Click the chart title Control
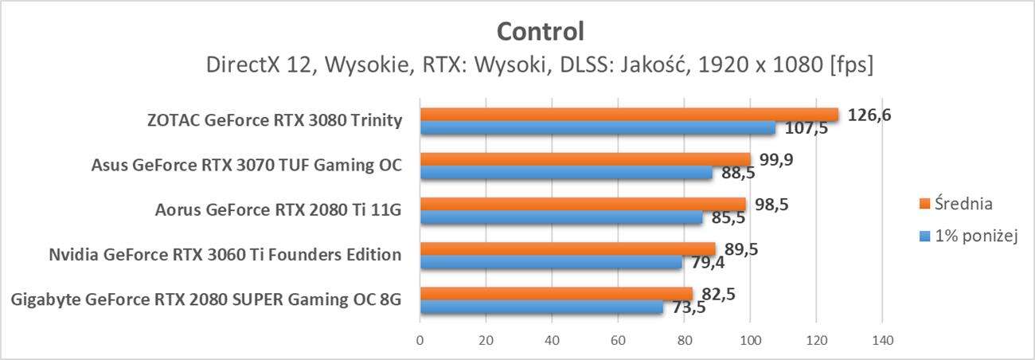(x=541, y=31)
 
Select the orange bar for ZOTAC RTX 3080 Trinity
(x=629, y=115)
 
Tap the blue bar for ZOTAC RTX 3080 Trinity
(x=597, y=127)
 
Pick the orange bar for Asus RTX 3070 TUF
(x=585, y=160)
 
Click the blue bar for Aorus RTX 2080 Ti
(x=561, y=217)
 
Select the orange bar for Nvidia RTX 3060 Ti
(x=568, y=249)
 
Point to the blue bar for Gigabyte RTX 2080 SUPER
(x=541, y=307)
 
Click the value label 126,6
(x=869, y=115)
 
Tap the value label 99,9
(x=775, y=160)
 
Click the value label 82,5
(x=718, y=295)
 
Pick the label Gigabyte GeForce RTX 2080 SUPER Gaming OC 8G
(x=206, y=300)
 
